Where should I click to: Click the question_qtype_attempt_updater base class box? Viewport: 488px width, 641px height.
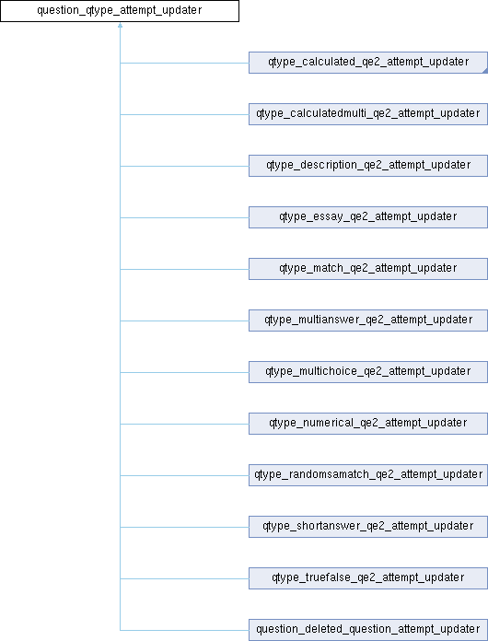(x=120, y=11)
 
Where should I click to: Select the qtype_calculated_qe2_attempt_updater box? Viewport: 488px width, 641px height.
(x=367, y=63)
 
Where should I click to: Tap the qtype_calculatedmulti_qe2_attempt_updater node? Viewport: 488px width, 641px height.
(x=367, y=114)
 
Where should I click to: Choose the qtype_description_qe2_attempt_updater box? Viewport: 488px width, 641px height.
(x=367, y=166)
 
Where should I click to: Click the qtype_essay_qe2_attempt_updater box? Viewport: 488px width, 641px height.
(x=367, y=217)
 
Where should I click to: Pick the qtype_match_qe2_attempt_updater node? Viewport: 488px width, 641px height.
(x=367, y=269)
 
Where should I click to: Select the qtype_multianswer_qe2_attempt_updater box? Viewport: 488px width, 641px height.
(x=367, y=320)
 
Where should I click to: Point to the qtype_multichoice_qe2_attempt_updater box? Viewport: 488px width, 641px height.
(x=367, y=372)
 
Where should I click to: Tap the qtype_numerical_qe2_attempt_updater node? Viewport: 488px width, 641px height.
(x=367, y=424)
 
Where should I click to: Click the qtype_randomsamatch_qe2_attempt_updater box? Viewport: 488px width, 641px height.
(x=367, y=475)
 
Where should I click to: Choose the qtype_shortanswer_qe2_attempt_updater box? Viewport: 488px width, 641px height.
(x=367, y=527)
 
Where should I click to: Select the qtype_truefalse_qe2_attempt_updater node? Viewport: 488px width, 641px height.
(x=367, y=578)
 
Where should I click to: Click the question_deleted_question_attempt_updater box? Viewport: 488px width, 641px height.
(x=367, y=630)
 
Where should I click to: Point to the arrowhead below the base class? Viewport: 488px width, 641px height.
(x=121, y=26)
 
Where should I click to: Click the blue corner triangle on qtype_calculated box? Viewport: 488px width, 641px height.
(x=485, y=72)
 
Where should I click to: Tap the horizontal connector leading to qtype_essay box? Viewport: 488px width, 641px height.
(x=184, y=217)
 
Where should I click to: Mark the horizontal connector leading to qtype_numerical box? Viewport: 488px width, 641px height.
(x=184, y=424)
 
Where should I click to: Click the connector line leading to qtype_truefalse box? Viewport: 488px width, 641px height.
(x=184, y=578)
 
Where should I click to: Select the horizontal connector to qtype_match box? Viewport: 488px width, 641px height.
(x=184, y=269)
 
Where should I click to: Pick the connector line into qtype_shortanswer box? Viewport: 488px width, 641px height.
(x=184, y=527)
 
